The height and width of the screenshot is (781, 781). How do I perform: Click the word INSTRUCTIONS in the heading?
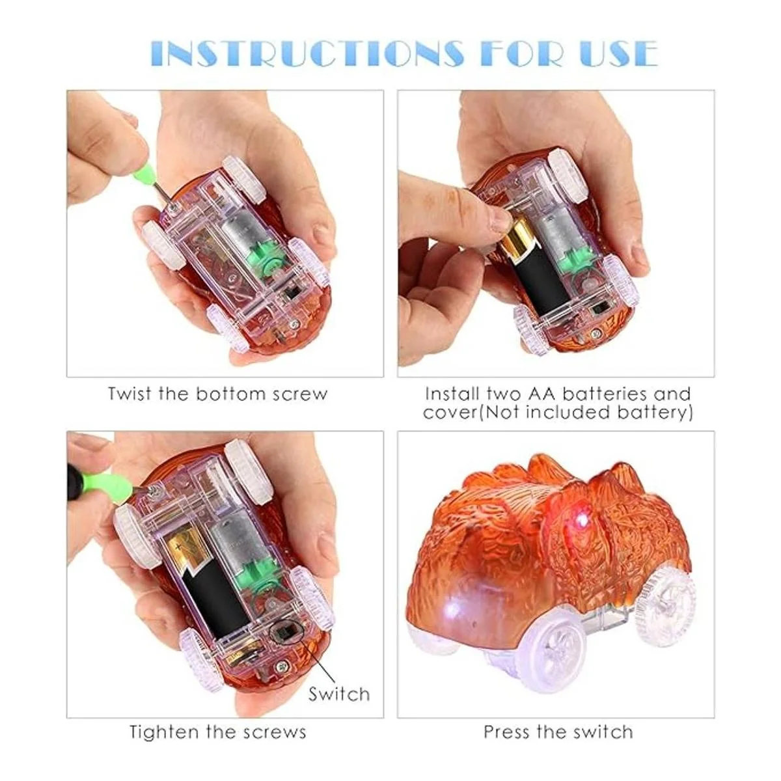click(x=308, y=54)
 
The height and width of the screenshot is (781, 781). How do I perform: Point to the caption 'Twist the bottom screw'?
click(x=217, y=394)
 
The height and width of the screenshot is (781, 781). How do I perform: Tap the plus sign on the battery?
click(x=177, y=547)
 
